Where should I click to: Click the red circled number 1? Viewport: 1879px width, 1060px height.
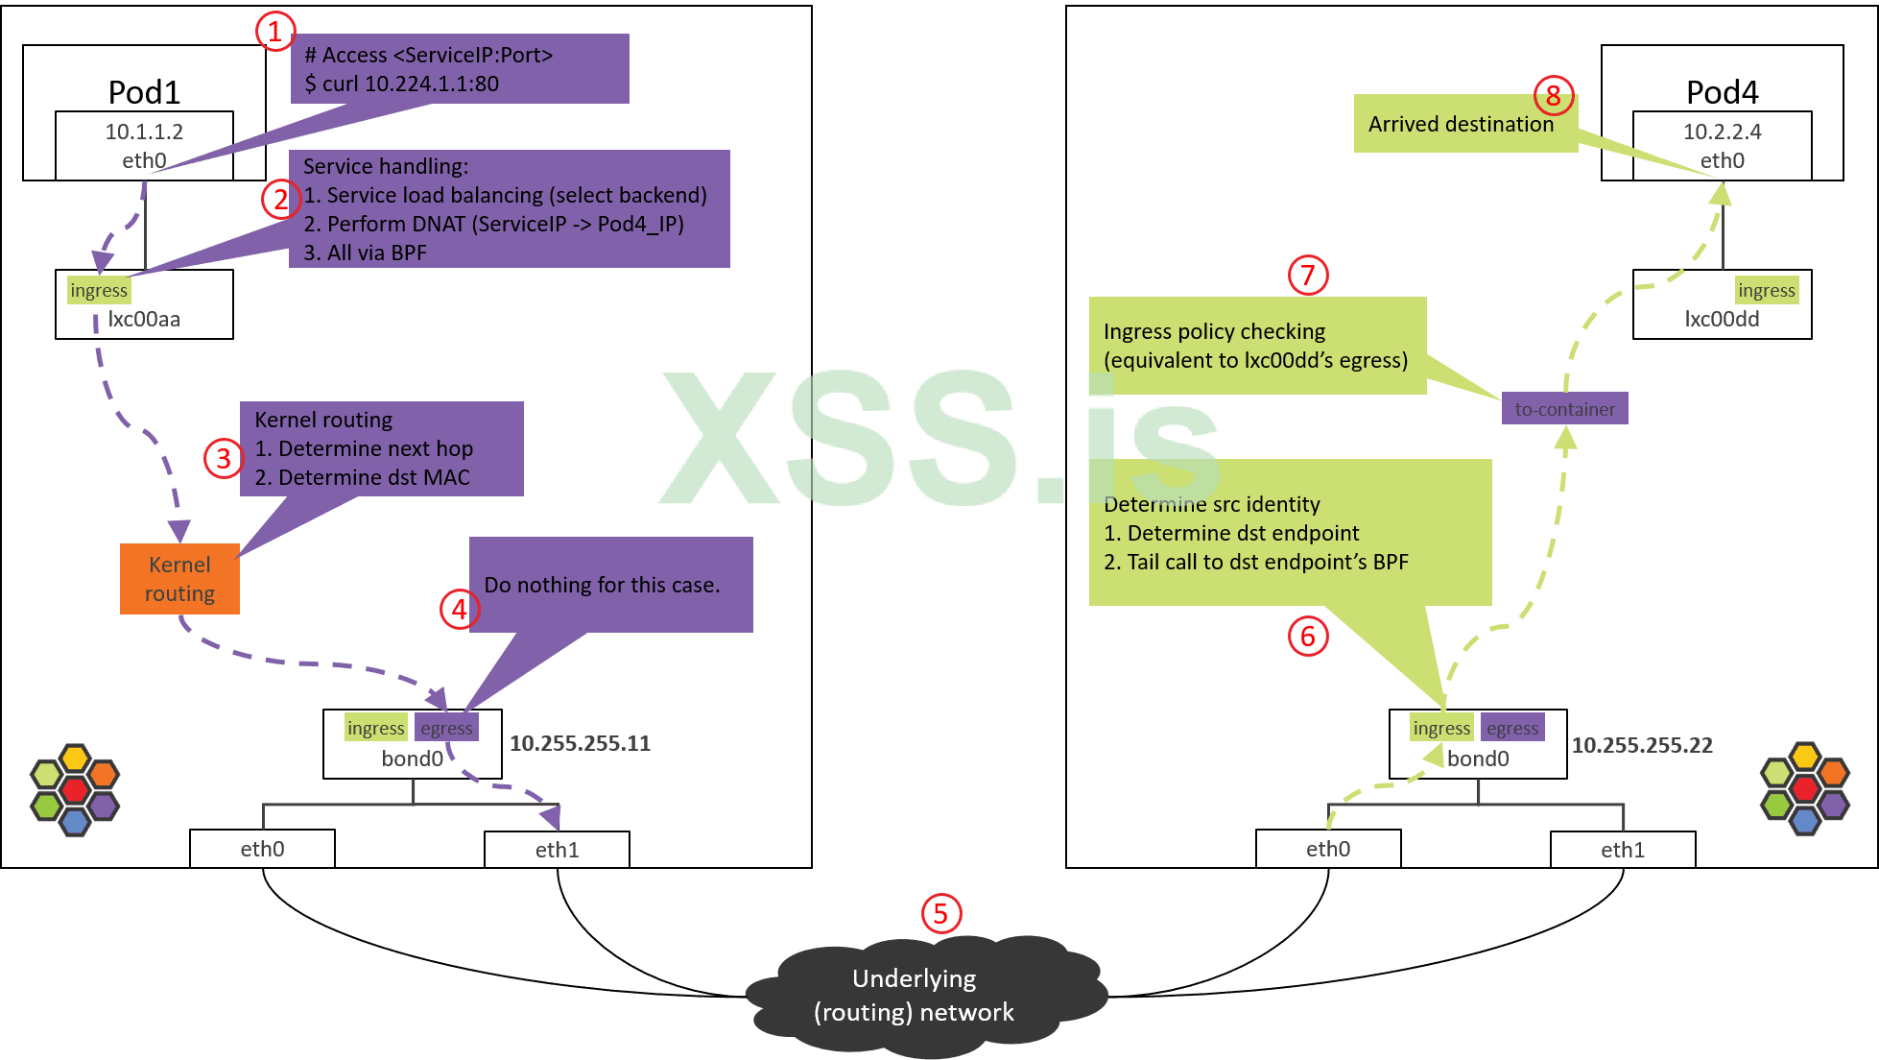pyautogui.click(x=274, y=32)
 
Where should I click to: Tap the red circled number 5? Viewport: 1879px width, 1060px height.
pyautogui.click(x=940, y=913)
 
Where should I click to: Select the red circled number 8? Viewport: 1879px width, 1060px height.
pyautogui.click(x=1553, y=96)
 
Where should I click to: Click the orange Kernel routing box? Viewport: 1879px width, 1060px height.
pyautogui.click(x=179, y=579)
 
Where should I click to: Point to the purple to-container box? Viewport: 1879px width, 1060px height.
pyautogui.click(x=1564, y=409)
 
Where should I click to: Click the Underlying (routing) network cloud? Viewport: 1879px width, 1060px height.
pyautogui.click(x=915, y=996)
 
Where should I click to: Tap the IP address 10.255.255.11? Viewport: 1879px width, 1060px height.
pyautogui.click(x=580, y=743)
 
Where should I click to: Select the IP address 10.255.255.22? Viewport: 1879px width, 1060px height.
pyautogui.click(x=1642, y=745)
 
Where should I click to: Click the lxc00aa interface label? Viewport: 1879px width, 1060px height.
pyautogui.click(x=144, y=320)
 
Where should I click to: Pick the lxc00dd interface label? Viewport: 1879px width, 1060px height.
pyautogui.click(x=1722, y=320)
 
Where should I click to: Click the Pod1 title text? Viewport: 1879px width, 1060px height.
pyautogui.click(x=144, y=92)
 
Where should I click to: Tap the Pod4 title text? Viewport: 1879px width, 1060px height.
pyautogui.click(x=1722, y=92)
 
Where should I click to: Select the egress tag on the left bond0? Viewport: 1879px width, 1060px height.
pyautogui.click(x=446, y=729)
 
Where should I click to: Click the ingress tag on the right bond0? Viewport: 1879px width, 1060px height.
pyautogui.click(x=1441, y=729)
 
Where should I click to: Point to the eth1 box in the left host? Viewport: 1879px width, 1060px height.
pyautogui.click(x=557, y=850)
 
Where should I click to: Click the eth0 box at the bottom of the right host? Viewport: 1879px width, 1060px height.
pyautogui.click(x=1328, y=849)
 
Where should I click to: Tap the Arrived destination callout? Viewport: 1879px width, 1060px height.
pyautogui.click(x=1461, y=124)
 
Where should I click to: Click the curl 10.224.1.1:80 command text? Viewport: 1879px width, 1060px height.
pyautogui.click(x=402, y=84)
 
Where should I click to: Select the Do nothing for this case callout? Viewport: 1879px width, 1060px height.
pyautogui.click(x=603, y=585)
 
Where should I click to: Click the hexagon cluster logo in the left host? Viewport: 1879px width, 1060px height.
pyautogui.click(x=75, y=790)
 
